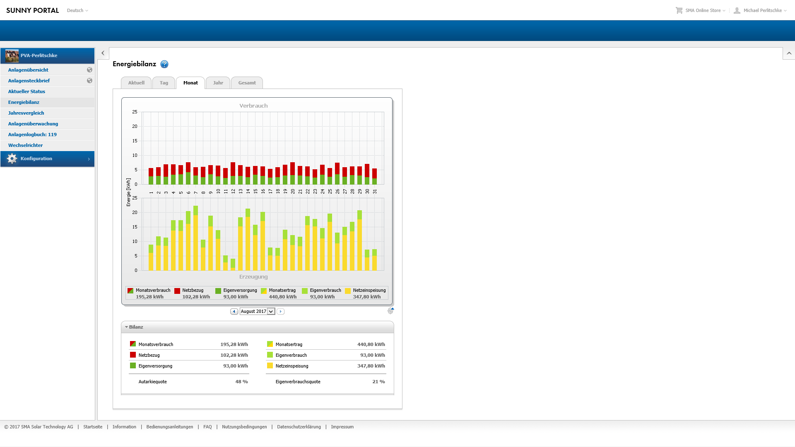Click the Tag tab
[x=164, y=83]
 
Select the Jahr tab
[x=218, y=83]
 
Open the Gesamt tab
[x=247, y=83]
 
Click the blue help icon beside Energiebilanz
[x=164, y=64]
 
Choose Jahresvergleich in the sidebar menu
[x=26, y=113]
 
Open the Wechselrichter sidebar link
[x=25, y=145]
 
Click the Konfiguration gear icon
[x=12, y=159]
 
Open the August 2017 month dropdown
[x=271, y=311]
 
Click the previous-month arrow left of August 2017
[x=234, y=311]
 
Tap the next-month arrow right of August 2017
[x=280, y=311]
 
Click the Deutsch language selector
[x=77, y=10]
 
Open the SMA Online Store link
[x=703, y=10]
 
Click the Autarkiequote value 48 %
[x=241, y=382]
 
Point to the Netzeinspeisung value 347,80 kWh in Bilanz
[x=371, y=366]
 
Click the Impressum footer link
[x=342, y=427]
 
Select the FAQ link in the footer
[x=207, y=427]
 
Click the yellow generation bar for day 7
[x=196, y=244]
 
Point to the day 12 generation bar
[x=233, y=265]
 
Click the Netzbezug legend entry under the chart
[x=193, y=291]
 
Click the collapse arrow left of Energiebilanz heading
[x=103, y=53]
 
